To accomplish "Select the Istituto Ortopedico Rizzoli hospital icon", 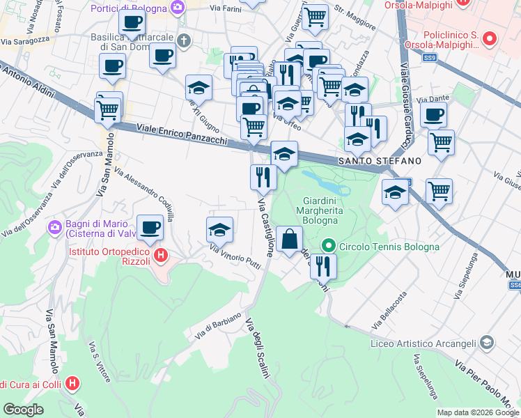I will point(162,256).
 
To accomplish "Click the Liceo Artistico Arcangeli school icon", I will point(487,343).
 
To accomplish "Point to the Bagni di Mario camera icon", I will point(54,227).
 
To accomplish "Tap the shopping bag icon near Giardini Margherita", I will point(290,240).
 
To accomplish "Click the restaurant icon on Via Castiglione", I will point(263,177).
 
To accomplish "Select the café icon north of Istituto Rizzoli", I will point(150,226).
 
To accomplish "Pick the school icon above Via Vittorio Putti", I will point(219,229).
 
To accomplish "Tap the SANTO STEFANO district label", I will point(380,161).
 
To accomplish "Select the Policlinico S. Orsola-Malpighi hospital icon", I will point(490,38).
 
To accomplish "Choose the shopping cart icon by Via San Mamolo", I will point(107,111).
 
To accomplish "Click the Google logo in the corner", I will point(23,410).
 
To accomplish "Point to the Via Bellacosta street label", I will point(389,311).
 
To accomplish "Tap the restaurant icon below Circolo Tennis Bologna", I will point(323,265).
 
